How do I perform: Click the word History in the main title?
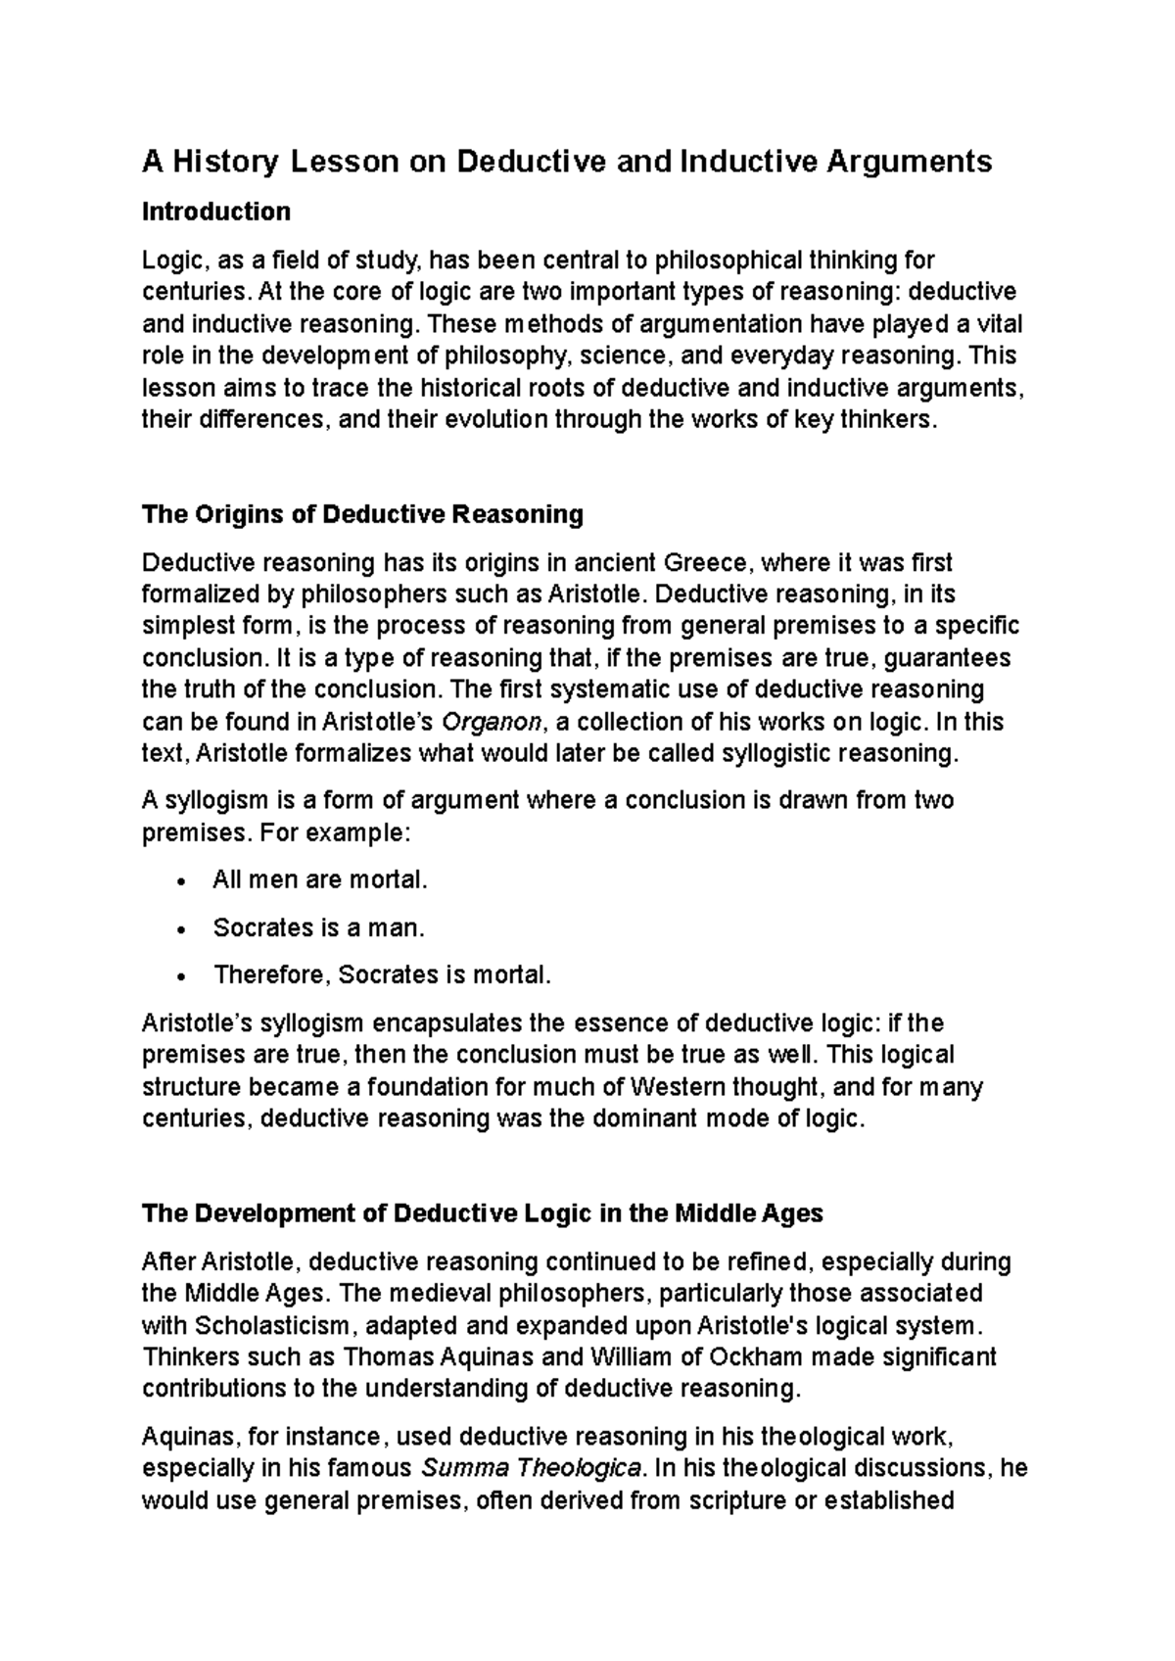[226, 161]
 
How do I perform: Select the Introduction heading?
[216, 212]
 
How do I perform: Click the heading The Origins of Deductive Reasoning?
[362, 514]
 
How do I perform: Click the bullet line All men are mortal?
[320, 879]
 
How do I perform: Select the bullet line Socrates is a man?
[319, 927]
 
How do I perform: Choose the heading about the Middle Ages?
[482, 1213]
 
